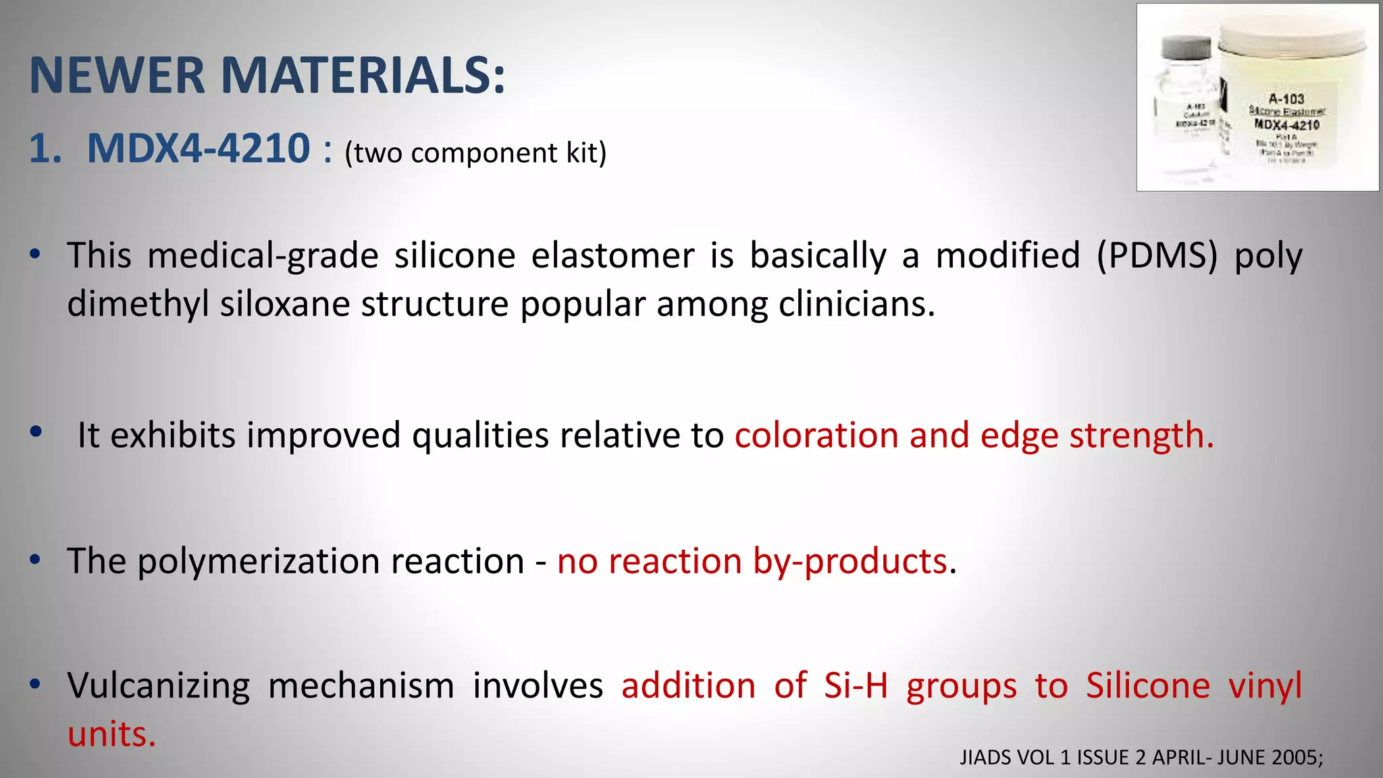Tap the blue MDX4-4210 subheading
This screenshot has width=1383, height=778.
pyautogui.click(x=199, y=148)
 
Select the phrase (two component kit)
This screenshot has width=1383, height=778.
pyautogui.click(x=475, y=153)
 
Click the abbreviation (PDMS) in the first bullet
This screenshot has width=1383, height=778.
pyautogui.click(x=1157, y=256)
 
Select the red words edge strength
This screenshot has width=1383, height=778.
pyautogui.click(x=1096, y=435)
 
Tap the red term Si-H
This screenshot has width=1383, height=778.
pyautogui.click(x=856, y=685)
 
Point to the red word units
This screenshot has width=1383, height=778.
pyautogui.click(x=111, y=734)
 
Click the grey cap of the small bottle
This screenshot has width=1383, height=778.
pyautogui.click(x=1186, y=49)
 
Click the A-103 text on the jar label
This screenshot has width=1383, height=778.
pyautogui.click(x=1286, y=99)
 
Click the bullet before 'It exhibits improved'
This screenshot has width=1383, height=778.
pyautogui.click(x=36, y=432)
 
